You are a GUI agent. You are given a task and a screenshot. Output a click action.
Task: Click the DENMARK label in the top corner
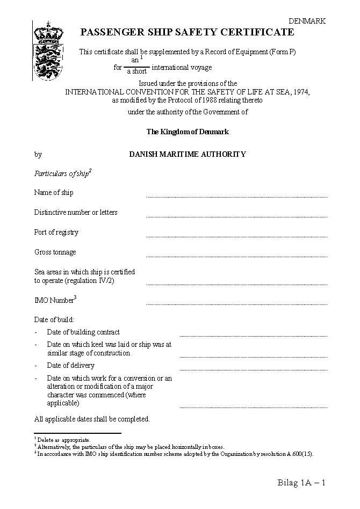point(307,21)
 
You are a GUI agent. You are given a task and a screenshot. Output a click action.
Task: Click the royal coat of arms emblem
point(48,52)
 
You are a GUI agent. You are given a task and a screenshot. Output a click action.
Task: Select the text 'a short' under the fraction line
point(136,71)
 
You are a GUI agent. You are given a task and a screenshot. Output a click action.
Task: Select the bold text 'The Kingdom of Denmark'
point(188,132)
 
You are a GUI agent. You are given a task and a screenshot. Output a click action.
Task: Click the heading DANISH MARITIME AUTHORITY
point(188,154)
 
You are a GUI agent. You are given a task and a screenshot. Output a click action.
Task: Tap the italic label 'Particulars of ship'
point(62,173)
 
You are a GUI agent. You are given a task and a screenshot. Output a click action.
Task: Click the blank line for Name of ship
point(236,196)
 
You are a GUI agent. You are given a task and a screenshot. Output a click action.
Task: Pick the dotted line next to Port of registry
point(236,236)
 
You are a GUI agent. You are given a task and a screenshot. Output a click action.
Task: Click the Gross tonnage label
point(55,252)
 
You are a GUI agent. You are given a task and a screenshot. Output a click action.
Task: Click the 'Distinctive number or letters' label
point(76,213)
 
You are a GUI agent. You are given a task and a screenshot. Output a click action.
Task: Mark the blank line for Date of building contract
point(254,336)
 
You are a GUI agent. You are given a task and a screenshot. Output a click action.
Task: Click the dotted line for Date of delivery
point(254,369)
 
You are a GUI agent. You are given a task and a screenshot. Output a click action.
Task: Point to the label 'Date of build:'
point(54,320)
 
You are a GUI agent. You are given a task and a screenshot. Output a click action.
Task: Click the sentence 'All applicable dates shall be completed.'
point(92,419)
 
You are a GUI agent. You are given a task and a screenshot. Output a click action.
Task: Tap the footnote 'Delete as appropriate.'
point(63,440)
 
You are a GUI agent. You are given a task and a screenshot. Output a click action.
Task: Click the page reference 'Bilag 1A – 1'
point(301,482)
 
